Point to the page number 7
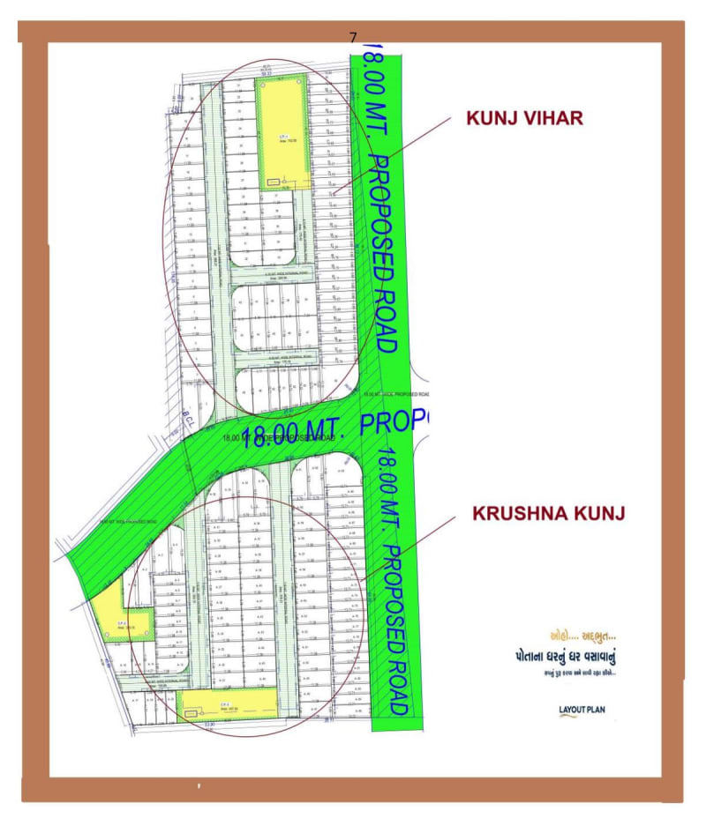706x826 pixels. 353,37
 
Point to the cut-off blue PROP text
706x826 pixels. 394,421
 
